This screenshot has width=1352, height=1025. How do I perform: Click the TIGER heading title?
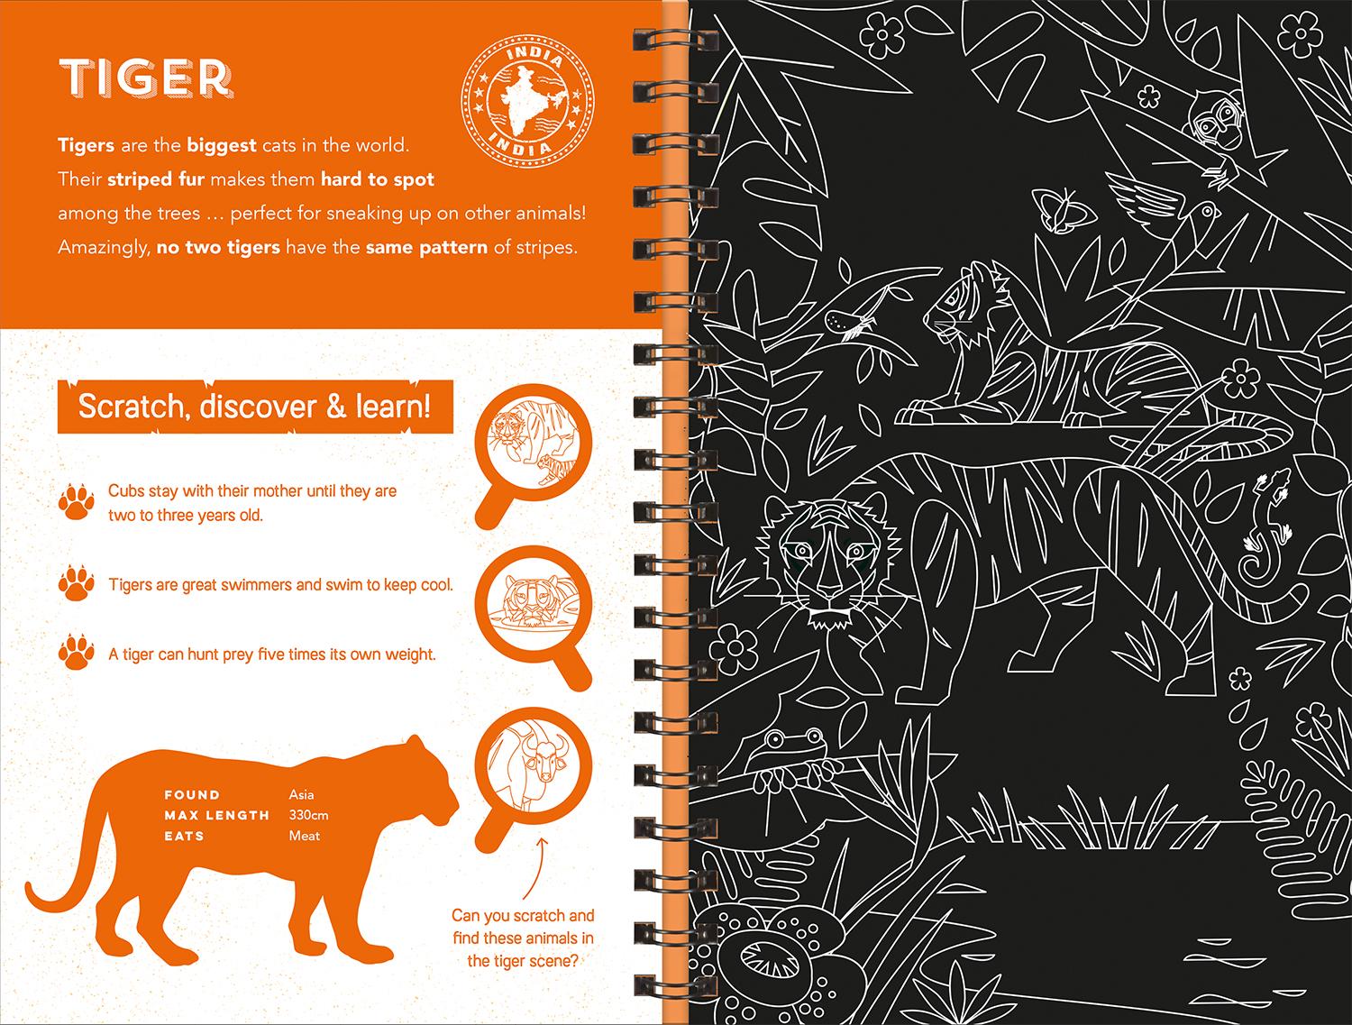click(x=146, y=78)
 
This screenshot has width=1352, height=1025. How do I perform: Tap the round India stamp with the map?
click(x=528, y=102)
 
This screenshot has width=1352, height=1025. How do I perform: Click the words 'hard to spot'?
click(x=378, y=179)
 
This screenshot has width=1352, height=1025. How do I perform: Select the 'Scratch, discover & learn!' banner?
click(x=255, y=407)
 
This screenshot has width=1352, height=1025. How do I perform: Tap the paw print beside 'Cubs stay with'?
click(x=77, y=502)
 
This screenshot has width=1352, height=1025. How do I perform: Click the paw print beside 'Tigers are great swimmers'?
click(x=77, y=582)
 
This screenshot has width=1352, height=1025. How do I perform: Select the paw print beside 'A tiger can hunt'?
click(x=77, y=652)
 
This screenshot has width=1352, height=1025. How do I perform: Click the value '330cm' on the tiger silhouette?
click(x=308, y=815)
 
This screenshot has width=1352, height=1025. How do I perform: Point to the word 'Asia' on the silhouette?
click(x=301, y=794)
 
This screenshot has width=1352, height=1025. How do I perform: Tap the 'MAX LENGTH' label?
click(x=217, y=816)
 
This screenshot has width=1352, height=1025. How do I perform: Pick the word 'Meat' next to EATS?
click(x=305, y=836)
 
